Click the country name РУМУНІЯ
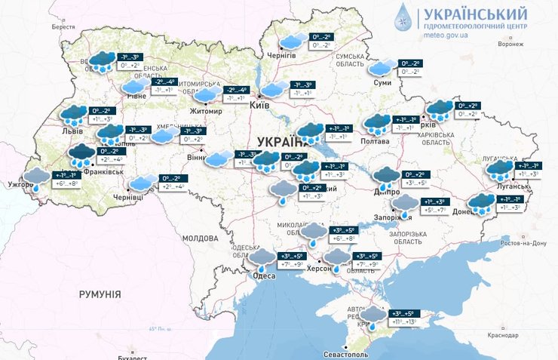point(100,293)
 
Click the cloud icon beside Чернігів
point(293,41)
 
